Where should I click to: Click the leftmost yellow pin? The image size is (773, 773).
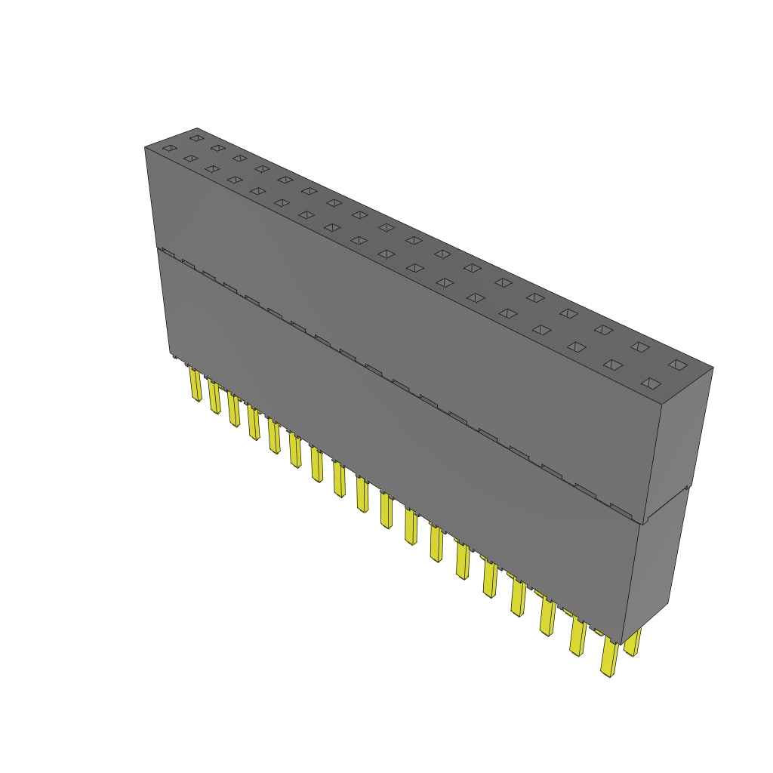(196, 384)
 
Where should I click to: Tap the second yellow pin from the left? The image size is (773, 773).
(214, 398)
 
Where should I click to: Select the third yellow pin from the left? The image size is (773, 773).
(233, 409)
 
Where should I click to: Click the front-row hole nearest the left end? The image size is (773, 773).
(169, 149)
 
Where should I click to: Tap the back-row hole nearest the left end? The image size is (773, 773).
(197, 138)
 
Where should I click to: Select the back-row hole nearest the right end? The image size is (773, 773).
(678, 365)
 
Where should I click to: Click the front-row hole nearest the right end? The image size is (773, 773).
(651, 383)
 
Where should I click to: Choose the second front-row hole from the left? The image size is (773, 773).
(190, 159)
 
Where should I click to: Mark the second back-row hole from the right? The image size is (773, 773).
(640, 347)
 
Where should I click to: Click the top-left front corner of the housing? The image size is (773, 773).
(145, 147)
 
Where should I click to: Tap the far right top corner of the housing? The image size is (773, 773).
(713, 368)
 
